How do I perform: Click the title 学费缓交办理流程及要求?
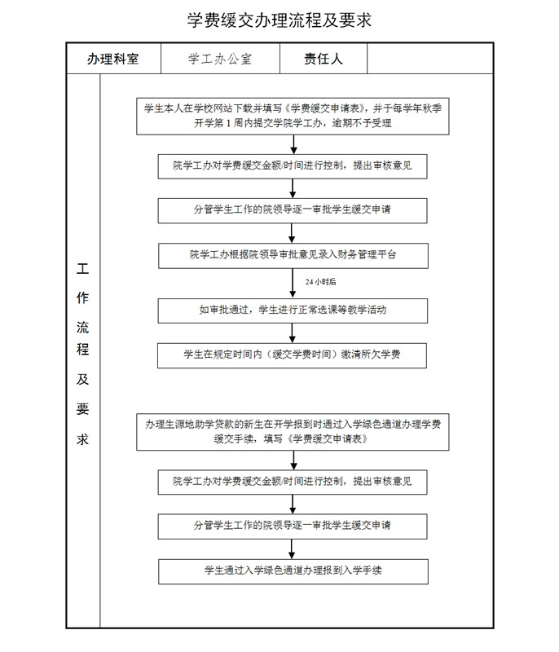point(279,20)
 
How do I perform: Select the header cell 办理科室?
point(113,59)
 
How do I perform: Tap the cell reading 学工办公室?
point(220,59)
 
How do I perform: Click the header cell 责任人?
point(324,59)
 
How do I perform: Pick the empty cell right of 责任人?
point(429,59)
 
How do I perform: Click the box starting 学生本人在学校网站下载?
point(293,117)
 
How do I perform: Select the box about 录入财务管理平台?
point(293,256)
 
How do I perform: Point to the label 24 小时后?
point(320,282)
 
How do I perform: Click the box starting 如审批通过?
point(293,311)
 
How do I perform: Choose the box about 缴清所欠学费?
point(292,355)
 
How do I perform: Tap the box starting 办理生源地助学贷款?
point(293,432)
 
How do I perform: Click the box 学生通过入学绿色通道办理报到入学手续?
point(293,572)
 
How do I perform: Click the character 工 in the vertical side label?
point(82,269)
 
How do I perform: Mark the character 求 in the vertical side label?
point(82,439)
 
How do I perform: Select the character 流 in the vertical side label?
point(82,328)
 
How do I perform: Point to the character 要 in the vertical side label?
point(82,409)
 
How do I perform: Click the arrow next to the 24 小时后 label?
point(293,283)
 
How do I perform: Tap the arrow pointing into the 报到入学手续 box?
point(292,549)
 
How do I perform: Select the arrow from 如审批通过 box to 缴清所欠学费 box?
point(293,333)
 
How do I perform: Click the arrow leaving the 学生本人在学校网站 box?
point(294,144)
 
